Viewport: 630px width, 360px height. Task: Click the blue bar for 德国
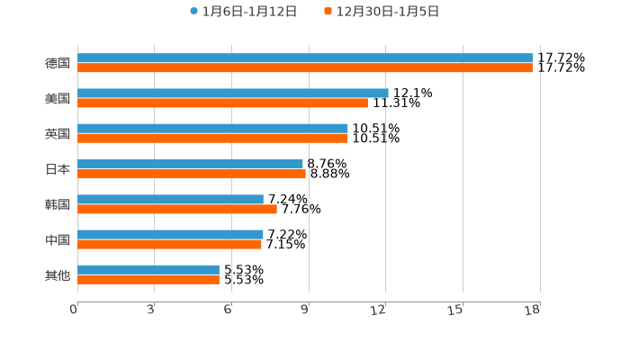[x=305, y=58]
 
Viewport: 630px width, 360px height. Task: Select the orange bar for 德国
[x=305, y=67]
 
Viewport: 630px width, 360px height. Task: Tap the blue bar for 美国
[x=233, y=93]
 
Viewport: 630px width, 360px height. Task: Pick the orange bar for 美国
[x=222, y=103]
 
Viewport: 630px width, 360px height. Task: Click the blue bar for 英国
[x=212, y=128]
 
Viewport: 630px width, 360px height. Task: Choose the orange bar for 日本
[x=192, y=174]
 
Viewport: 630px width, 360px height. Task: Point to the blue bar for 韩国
[x=170, y=199]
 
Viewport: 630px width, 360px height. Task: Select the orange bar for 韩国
[x=177, y=209]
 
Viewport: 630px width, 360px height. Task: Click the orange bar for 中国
[x=169, y=244]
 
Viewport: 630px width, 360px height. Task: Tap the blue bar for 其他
[x=148, y=269]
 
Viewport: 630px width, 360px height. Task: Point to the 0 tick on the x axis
[x=74, y=310]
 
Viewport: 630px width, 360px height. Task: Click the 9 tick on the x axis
[x=305, y=310]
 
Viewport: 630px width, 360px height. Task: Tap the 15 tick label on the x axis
[x=455, y=310]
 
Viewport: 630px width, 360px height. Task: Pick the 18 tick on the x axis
[x=533, y=310]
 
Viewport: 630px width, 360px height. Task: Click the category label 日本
[x=58, y=169]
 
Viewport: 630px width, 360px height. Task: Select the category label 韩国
[x=58, y=204]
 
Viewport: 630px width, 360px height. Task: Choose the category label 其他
[x=58, y=274]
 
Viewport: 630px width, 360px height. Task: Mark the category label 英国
[x=58, y=133]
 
